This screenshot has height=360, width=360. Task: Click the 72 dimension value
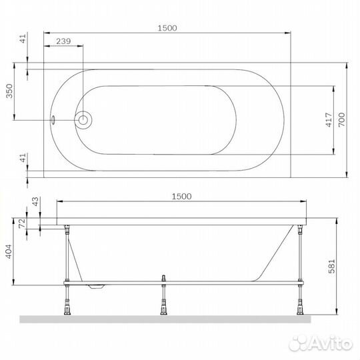(21, 222)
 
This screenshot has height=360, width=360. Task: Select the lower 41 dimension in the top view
(23, 158)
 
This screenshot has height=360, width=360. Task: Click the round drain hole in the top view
(83, 121)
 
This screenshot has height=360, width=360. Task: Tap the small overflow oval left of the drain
(55, 121)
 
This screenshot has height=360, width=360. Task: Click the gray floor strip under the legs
(167, 319)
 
